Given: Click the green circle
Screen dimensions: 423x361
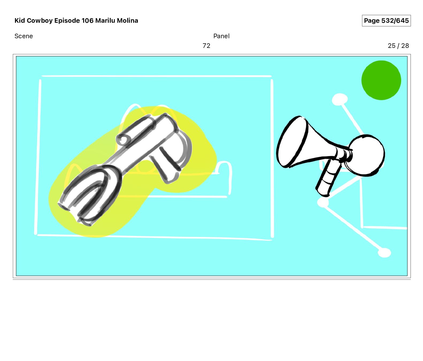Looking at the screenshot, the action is [381, 80].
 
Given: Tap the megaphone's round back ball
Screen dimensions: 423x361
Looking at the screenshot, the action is [366, 155].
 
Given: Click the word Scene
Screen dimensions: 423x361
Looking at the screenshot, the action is [24, 36].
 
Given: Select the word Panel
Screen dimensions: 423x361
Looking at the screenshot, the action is [221, 36].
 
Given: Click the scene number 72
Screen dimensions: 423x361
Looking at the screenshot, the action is [206, 46].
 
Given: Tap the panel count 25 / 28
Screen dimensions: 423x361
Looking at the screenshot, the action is [398, 46].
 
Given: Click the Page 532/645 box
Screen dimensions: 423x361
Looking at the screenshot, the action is [386, 21].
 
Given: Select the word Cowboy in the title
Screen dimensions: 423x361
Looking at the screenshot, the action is [40, 21].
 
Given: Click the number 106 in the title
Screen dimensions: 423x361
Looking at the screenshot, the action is [87, 21].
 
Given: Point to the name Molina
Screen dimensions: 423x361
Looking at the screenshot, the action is [128, 21].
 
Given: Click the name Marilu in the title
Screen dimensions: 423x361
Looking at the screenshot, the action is [105, 21].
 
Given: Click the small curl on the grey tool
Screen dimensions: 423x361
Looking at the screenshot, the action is [124, 140].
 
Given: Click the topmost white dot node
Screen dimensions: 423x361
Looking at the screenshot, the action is [340, 99].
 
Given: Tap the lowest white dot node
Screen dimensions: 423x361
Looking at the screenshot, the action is [384, 252].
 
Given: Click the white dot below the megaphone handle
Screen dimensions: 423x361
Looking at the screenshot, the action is [323, 202].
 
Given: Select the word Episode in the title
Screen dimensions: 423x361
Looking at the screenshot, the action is [67, 21].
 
